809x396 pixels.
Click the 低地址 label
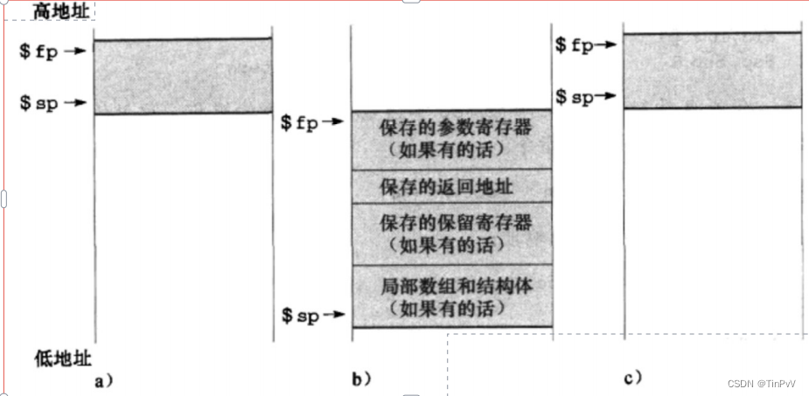(x=62, y=357)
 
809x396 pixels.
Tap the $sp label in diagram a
(x=40, y=103)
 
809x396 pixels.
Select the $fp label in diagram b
(x=299, y=123)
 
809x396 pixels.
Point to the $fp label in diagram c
(x=575, y=45)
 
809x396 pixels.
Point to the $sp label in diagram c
(x=575, y=97)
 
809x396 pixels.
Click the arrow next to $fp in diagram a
(x=77, y=51)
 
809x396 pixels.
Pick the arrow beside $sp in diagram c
(x=609, y=97)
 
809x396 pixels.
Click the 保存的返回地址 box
(x=451, y=187)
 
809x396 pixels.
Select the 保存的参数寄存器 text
(x=455, y=128)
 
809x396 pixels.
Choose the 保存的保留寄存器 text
(x=455, y=223)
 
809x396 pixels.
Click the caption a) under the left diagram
(x=105, y=379)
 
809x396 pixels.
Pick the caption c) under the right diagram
(x=633, y=377)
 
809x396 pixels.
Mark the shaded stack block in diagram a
(x=183, y=77)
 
